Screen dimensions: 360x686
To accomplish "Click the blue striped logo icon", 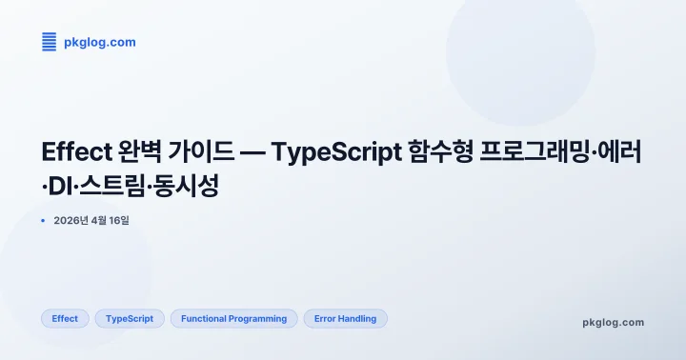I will pyautogui.click(x=50, y=42).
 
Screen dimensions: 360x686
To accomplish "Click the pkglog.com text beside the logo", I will pyautogui.click(x=99, y=42).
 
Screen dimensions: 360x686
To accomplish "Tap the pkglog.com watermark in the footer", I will pyautogui.click(x=613, y=322).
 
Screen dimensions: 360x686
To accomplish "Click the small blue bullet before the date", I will pyautogui.click(x=44, y=221).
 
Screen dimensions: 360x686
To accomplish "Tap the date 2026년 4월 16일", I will pyautogui.click(x=91, y=221).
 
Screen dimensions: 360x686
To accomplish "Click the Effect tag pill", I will pyautogui.click(x=66, y=319).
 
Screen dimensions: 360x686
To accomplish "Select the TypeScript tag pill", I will pyautogui.click(x=131, y=319).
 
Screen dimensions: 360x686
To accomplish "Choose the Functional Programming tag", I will pyautogui.click(x=234, y=319).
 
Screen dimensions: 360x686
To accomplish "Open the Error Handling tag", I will pyautogui.click(x=346, y=319).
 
